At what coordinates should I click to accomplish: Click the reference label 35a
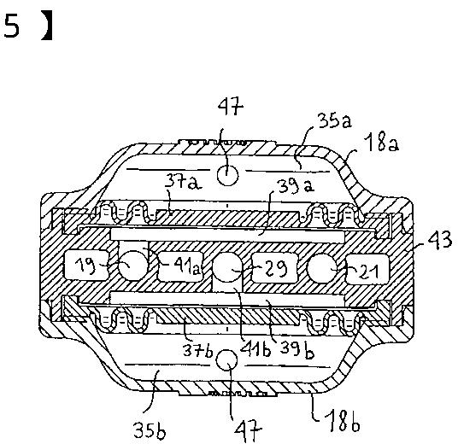pos(335,121)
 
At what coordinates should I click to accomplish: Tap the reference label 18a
pos(383,144)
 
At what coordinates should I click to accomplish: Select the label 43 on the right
pos(440,241)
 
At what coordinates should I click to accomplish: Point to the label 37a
pos(183,182)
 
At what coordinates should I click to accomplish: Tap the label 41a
pos(187,266)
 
